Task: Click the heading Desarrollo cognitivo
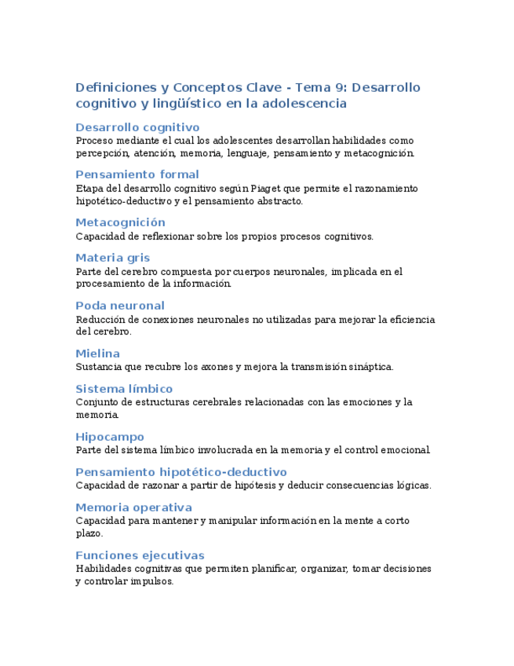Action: [137, 127]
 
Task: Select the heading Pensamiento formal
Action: [137, 174]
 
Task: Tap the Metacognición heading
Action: [120, 222]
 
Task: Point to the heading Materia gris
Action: [112, 258]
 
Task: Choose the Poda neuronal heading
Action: [120, 306]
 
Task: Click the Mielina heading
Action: [97, 353]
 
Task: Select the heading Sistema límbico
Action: [124, 389]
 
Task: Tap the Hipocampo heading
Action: [110, 437]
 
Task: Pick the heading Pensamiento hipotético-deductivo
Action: [181, 472]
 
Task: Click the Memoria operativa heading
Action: [133, 507]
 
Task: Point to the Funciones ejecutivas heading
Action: [140, 555]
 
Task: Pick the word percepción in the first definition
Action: [102, 153]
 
